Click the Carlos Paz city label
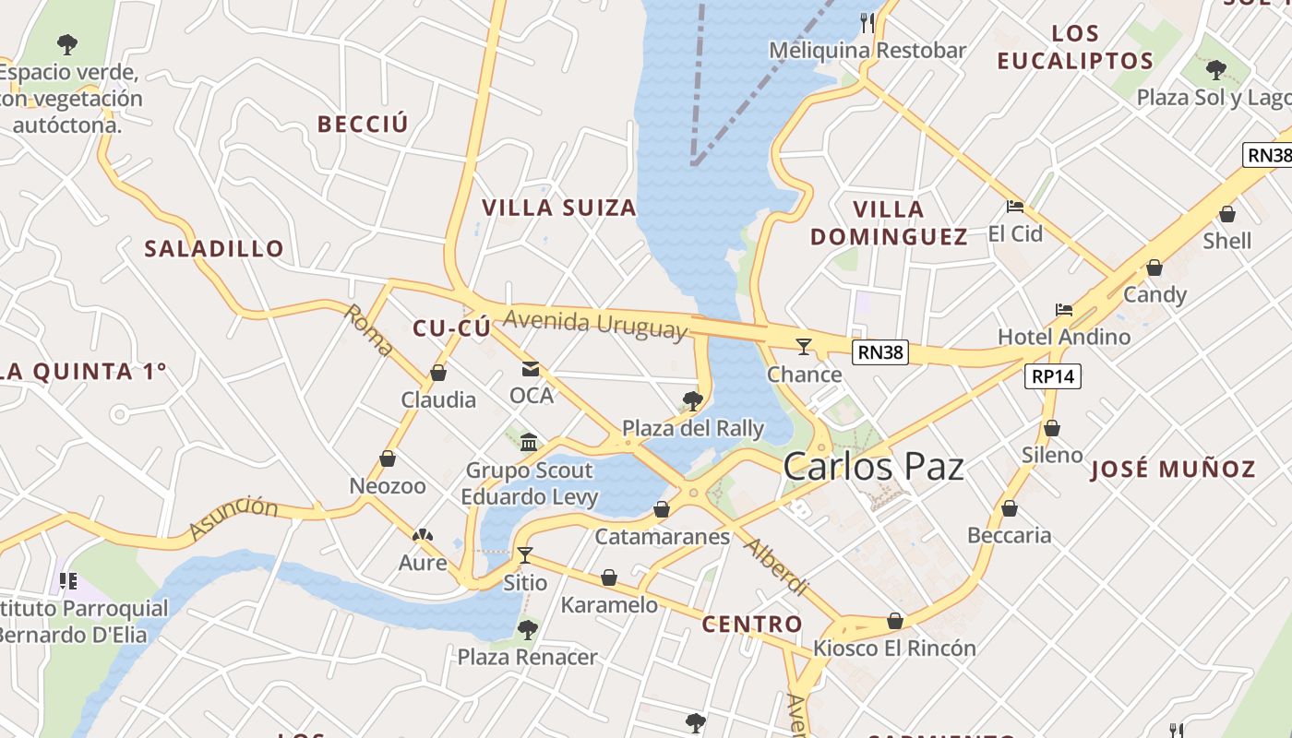coord(873,467)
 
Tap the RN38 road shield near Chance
coord(880,351)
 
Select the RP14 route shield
coord(1052,376)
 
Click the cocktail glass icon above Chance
coord(804,347)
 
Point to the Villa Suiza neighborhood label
coord(560,208)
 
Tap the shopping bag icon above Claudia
coord(438,374)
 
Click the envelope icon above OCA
coord(531,369)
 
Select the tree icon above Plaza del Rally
coord(692,400)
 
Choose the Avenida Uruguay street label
coord(596,324)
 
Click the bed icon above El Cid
coord(1015,207)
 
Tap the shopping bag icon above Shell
coord(1227,215)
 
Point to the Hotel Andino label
coord(1064,337)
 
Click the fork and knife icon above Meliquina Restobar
coord(867,22)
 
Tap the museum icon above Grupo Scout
coord(529,443)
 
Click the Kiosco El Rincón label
coord(893,649)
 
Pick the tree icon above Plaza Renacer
coord(527,630)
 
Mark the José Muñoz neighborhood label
coord(1173,470)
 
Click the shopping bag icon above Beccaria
coord(1010,508)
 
